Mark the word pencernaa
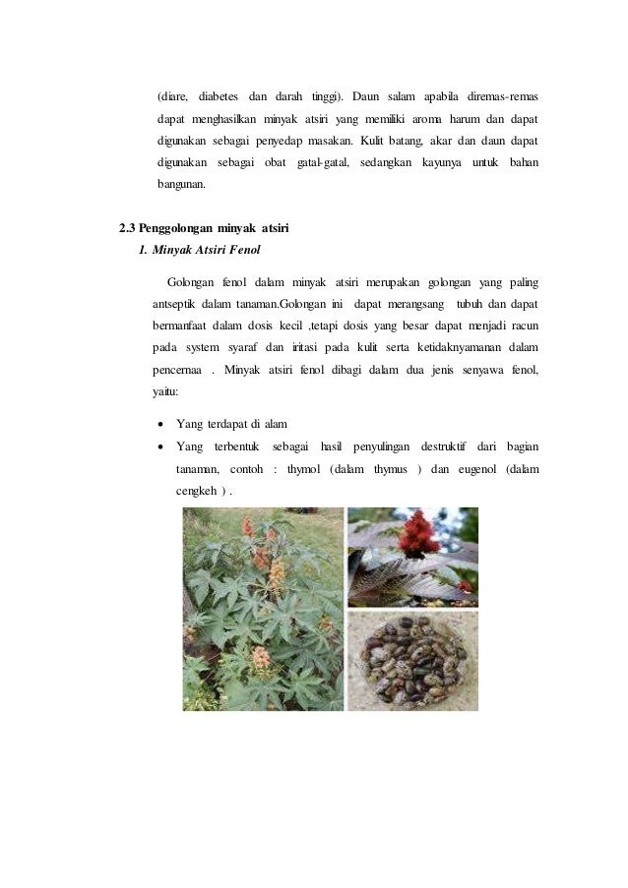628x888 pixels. tap(179, 369)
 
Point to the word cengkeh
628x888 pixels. tap(196, 491)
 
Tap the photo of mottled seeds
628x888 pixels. tap(413, 660)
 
